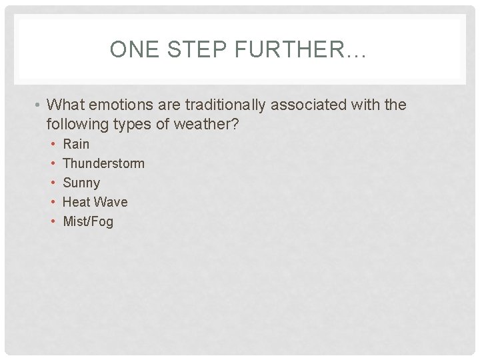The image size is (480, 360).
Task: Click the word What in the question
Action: [x=67, y=105]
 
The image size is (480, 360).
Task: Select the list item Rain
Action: [x=76, y=144]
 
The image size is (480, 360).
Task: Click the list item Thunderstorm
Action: [x=103, y=163]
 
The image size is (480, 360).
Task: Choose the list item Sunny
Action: [x=81, y=183]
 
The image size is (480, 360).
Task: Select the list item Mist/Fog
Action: [x=88, y=221]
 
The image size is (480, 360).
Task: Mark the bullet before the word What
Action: [x=39, y=105]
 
